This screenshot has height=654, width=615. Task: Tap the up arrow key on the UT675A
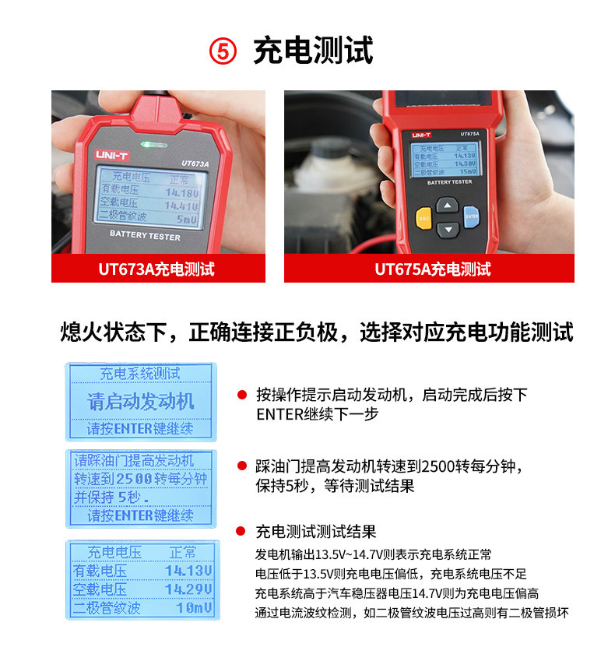(448, 206)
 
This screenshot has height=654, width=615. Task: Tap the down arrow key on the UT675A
(448, 229)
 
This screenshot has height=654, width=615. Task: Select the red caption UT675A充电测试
(433, 269)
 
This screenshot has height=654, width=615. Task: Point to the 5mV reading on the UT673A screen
(186, 219)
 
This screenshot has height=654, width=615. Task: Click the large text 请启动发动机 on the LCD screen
(141, 402)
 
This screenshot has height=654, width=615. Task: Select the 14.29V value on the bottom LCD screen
(188, 589)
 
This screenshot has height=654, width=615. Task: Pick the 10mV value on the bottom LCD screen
(193, 607)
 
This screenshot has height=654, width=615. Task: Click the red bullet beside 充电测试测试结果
(242, 533)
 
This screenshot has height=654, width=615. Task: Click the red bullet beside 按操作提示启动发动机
(242, 395)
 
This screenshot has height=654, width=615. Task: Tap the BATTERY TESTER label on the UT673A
(145, 237)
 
